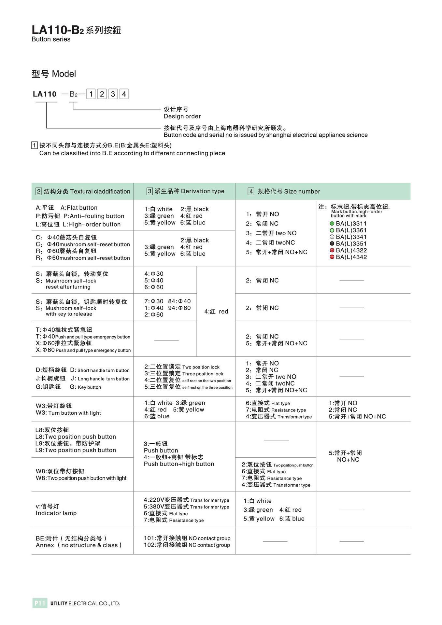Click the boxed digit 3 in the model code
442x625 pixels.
click(113, 94)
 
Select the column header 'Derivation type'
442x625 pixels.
click(185, 191)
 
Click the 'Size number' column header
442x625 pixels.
click(284, 191)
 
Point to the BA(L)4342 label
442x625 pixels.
click(351, 257)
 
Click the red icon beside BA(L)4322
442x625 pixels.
click(332, 250)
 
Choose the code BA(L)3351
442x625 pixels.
click(351, 244)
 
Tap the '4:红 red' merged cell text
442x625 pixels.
click(216, 312)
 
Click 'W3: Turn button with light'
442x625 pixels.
click(68, 413)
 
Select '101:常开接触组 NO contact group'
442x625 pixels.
click(187, 538)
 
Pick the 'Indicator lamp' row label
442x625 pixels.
click(56, 513)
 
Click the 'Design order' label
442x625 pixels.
click(182, 117)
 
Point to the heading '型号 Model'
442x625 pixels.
click(54, 74)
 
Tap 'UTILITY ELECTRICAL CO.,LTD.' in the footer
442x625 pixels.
click(85, 604)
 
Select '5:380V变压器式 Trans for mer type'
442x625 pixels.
click(186, 507)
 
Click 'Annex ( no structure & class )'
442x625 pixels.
click(78, 545)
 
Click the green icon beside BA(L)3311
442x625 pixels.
click(332, 224)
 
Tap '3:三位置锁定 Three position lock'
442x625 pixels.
click(184, 374)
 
